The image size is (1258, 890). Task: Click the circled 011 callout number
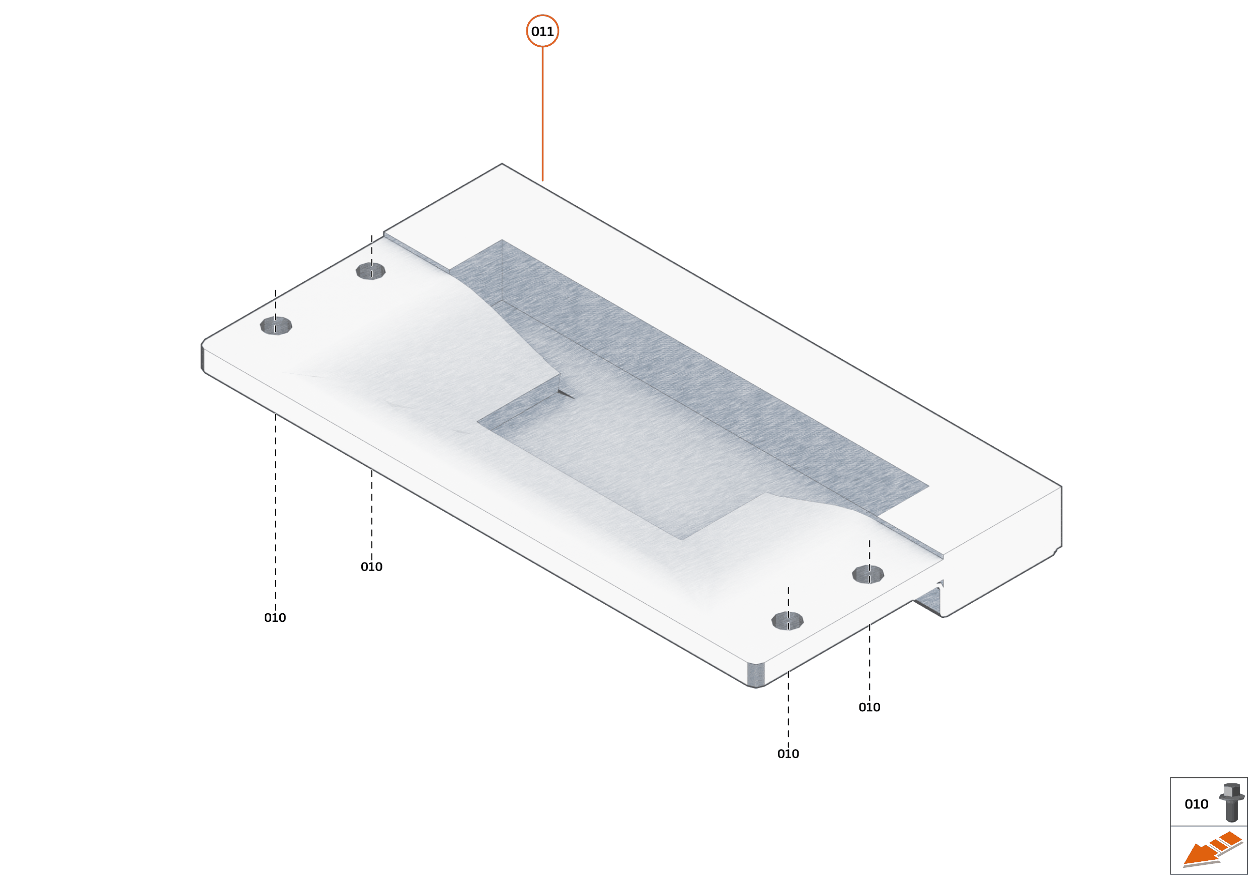542,31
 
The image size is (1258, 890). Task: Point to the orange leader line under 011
542,114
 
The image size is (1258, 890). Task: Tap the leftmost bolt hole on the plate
276,326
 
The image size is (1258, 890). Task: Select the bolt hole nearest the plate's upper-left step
370,271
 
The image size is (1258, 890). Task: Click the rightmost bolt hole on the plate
868,575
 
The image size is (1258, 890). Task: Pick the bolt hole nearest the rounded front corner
787,621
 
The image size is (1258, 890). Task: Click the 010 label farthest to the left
275,618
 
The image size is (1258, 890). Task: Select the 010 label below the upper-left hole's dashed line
372,567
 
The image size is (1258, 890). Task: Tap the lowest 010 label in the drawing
788,754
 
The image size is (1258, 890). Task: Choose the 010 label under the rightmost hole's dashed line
870,707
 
